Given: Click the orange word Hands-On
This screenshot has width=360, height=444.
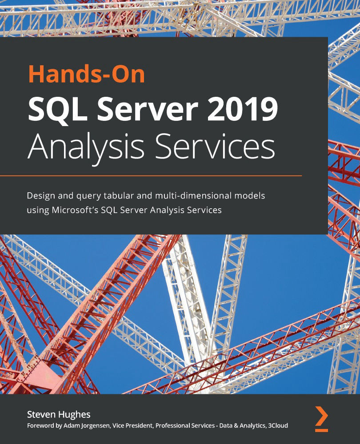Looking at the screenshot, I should click(x=86, y=74).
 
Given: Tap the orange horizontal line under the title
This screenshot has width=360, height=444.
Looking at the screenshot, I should click(x=164, y=176).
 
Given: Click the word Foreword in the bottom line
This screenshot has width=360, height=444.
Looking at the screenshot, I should click(x=40, y=426).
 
